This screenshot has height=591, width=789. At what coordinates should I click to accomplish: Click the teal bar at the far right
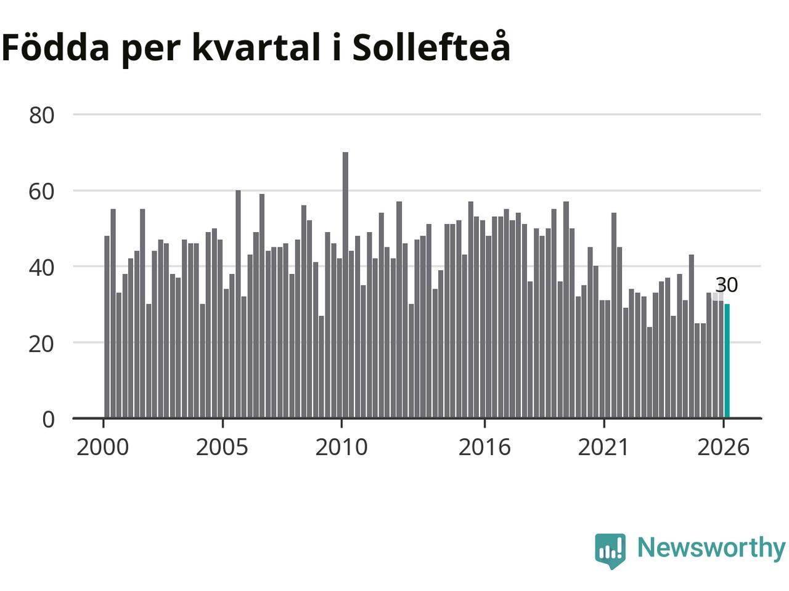(727, 361)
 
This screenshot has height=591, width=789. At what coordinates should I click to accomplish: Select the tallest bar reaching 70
(345, 285)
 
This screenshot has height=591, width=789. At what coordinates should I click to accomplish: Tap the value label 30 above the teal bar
(727, 285)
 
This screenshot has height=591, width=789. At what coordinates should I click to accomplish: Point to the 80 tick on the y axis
(42, 116)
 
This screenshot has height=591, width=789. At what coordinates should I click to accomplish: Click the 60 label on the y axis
(42, 191)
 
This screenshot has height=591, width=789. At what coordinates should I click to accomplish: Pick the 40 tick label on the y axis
(42, 268)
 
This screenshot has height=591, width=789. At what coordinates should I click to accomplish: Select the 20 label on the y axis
(42, 344)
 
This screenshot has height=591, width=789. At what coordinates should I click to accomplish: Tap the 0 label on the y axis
(49, 419)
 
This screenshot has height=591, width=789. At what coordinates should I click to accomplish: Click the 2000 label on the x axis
(103, 448)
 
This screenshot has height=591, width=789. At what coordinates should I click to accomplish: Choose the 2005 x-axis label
(222, 448)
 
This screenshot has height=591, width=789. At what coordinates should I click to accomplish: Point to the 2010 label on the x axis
(341, 448)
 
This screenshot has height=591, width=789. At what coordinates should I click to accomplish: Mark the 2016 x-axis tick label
(484, 448)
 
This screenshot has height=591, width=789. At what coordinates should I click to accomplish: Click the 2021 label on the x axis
(604, 448)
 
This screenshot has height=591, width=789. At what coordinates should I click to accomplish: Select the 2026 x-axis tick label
(723, 448)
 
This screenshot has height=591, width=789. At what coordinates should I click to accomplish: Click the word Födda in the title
(55, 47)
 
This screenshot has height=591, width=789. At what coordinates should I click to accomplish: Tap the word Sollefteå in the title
(431, 46)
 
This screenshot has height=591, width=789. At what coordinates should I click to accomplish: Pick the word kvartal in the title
(256, 47)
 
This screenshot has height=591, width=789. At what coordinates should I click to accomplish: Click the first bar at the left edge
(107, 326)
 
